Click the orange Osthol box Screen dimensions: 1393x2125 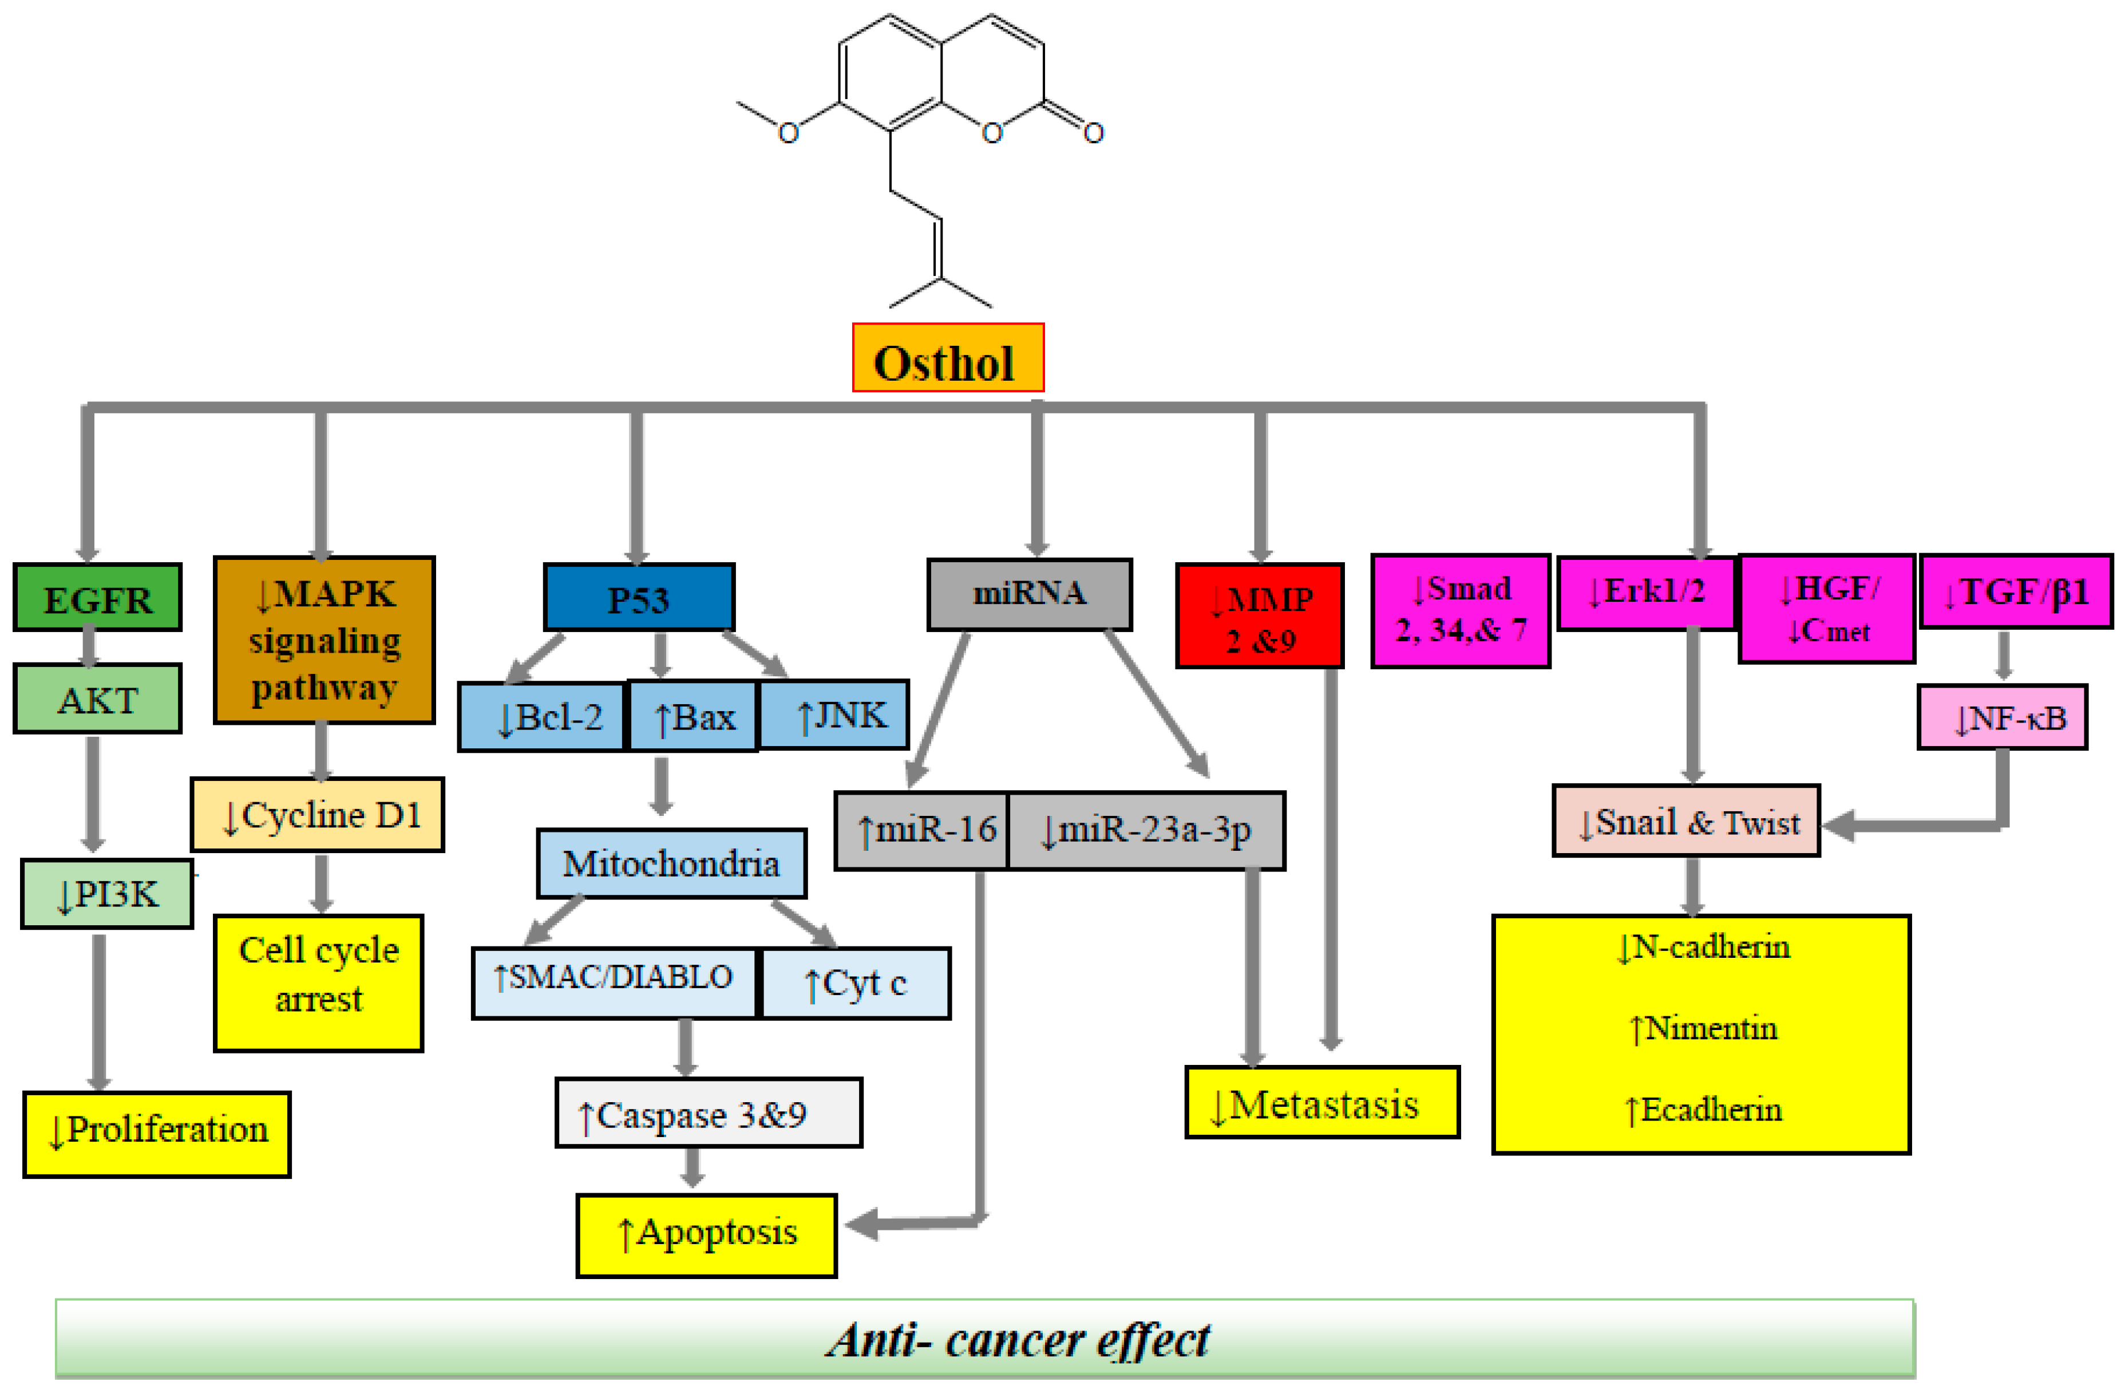point(947,358)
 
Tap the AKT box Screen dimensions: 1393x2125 point(97,699)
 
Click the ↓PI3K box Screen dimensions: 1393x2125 point(106,894)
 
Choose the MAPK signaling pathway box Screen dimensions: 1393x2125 point(324,640)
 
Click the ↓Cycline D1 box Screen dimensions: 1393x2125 point(317,814)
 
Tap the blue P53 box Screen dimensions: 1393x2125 point(638,597)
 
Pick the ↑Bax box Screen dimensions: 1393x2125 point(693,716)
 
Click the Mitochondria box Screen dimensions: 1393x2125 point(671,863)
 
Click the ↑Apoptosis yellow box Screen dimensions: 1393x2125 point(706,1235)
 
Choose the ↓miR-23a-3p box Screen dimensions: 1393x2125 point(1146,830)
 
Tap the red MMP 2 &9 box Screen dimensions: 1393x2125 point(1259,615)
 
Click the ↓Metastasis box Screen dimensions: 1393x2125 point(1321,1102)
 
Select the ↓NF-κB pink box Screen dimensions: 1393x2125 point(2002,717)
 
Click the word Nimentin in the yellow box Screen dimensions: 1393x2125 point(1710,1028)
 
